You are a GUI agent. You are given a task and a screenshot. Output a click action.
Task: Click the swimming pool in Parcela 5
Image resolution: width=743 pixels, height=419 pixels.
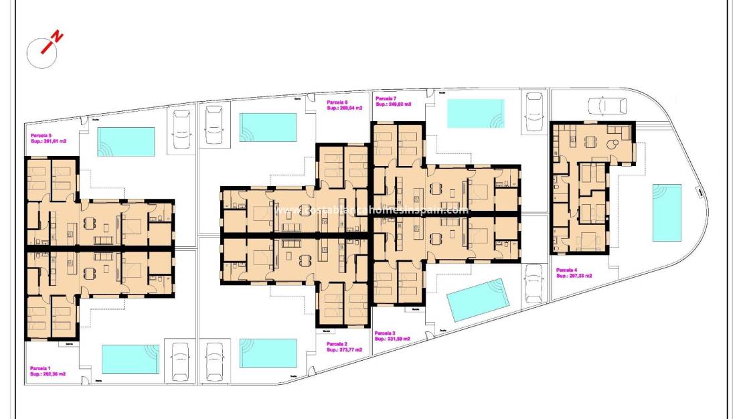[x=127, y=142]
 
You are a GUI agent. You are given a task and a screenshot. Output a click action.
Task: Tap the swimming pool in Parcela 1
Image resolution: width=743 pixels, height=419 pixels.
[x=130, y=359]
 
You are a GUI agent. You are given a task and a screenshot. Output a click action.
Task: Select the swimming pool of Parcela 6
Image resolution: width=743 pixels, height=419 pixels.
[x=268, y=127]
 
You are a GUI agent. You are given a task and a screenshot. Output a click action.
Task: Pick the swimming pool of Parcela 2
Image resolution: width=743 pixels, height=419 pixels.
[x=268, y=353]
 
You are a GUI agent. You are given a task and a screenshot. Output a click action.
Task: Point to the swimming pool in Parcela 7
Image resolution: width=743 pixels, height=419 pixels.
[x=475, y=113]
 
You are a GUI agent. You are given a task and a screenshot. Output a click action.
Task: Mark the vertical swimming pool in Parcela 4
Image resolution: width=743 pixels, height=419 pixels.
[x=667, y=213]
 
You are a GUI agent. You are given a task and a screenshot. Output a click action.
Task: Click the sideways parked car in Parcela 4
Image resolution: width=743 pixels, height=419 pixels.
[x=608, y=106]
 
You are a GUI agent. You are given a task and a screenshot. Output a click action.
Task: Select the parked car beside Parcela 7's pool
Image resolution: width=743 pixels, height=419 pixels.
[x=534, y=110]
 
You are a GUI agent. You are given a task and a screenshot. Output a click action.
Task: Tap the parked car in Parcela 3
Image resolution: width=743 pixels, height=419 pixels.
[x=534, y=283]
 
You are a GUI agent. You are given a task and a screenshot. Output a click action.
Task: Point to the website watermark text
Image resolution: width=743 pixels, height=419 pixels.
[x=371, y=210]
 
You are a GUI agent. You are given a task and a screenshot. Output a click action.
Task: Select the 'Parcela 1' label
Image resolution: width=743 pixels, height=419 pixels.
[x=41, y=368]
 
